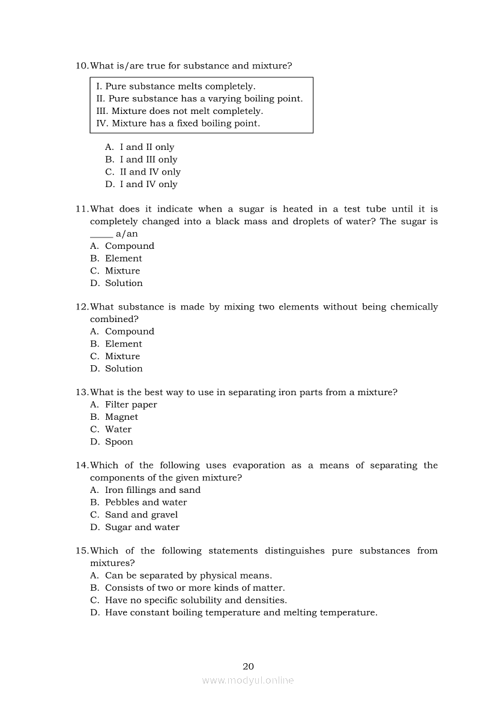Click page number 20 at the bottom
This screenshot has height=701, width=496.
pos(248,666)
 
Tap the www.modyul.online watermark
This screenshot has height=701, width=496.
pos(248,681)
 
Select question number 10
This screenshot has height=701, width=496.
pos(82,65)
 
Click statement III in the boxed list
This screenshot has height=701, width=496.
pos(180,111)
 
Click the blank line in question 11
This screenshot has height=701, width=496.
pos(101,234)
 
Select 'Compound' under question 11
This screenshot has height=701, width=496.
pos(129,246)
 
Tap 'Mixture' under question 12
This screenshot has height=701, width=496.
pos(122,356)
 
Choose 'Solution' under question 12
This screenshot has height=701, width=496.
pos(124,368)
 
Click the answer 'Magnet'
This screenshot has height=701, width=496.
pos(121,417)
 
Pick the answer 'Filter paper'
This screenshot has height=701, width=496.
pos(131,405)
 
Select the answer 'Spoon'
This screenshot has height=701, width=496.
pos(119,442)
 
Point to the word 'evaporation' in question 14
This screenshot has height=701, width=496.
pos(259,465)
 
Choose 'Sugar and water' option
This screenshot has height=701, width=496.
pos(142,527)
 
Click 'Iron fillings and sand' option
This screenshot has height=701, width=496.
pos(153,490)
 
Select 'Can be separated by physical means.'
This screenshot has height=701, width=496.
pos(188,575)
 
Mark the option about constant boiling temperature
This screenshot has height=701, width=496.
pos(241,612)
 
